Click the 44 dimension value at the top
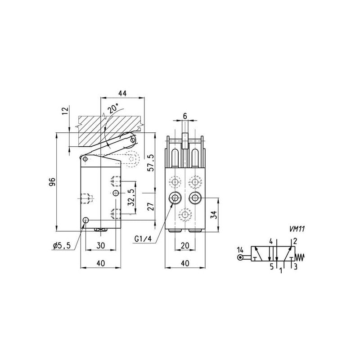pos(122,93)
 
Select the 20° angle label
pos(113,108)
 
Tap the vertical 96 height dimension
pos(52,182)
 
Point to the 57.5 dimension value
pos(151,163)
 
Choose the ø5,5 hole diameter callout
pos(62,246)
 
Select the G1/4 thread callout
pos(143,239)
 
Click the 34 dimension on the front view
pos(214,215)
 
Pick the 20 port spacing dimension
pos(185,246)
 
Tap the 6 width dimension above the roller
pos(185,116)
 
